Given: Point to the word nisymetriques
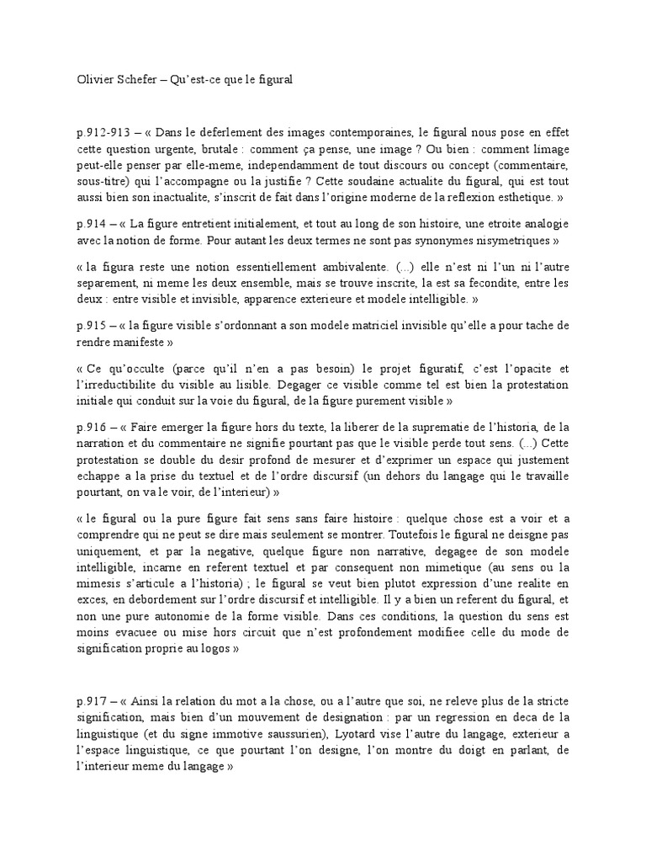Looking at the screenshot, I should pos(516,241).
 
